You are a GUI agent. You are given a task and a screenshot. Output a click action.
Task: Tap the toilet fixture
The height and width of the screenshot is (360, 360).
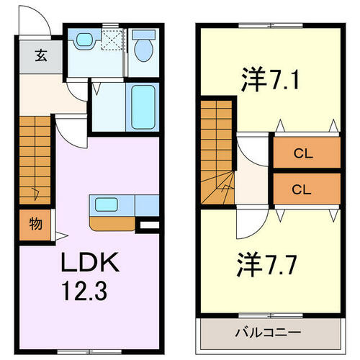(x=144, y=48)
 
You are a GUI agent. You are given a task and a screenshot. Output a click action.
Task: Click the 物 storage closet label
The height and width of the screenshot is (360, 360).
(x=34, y=223)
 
